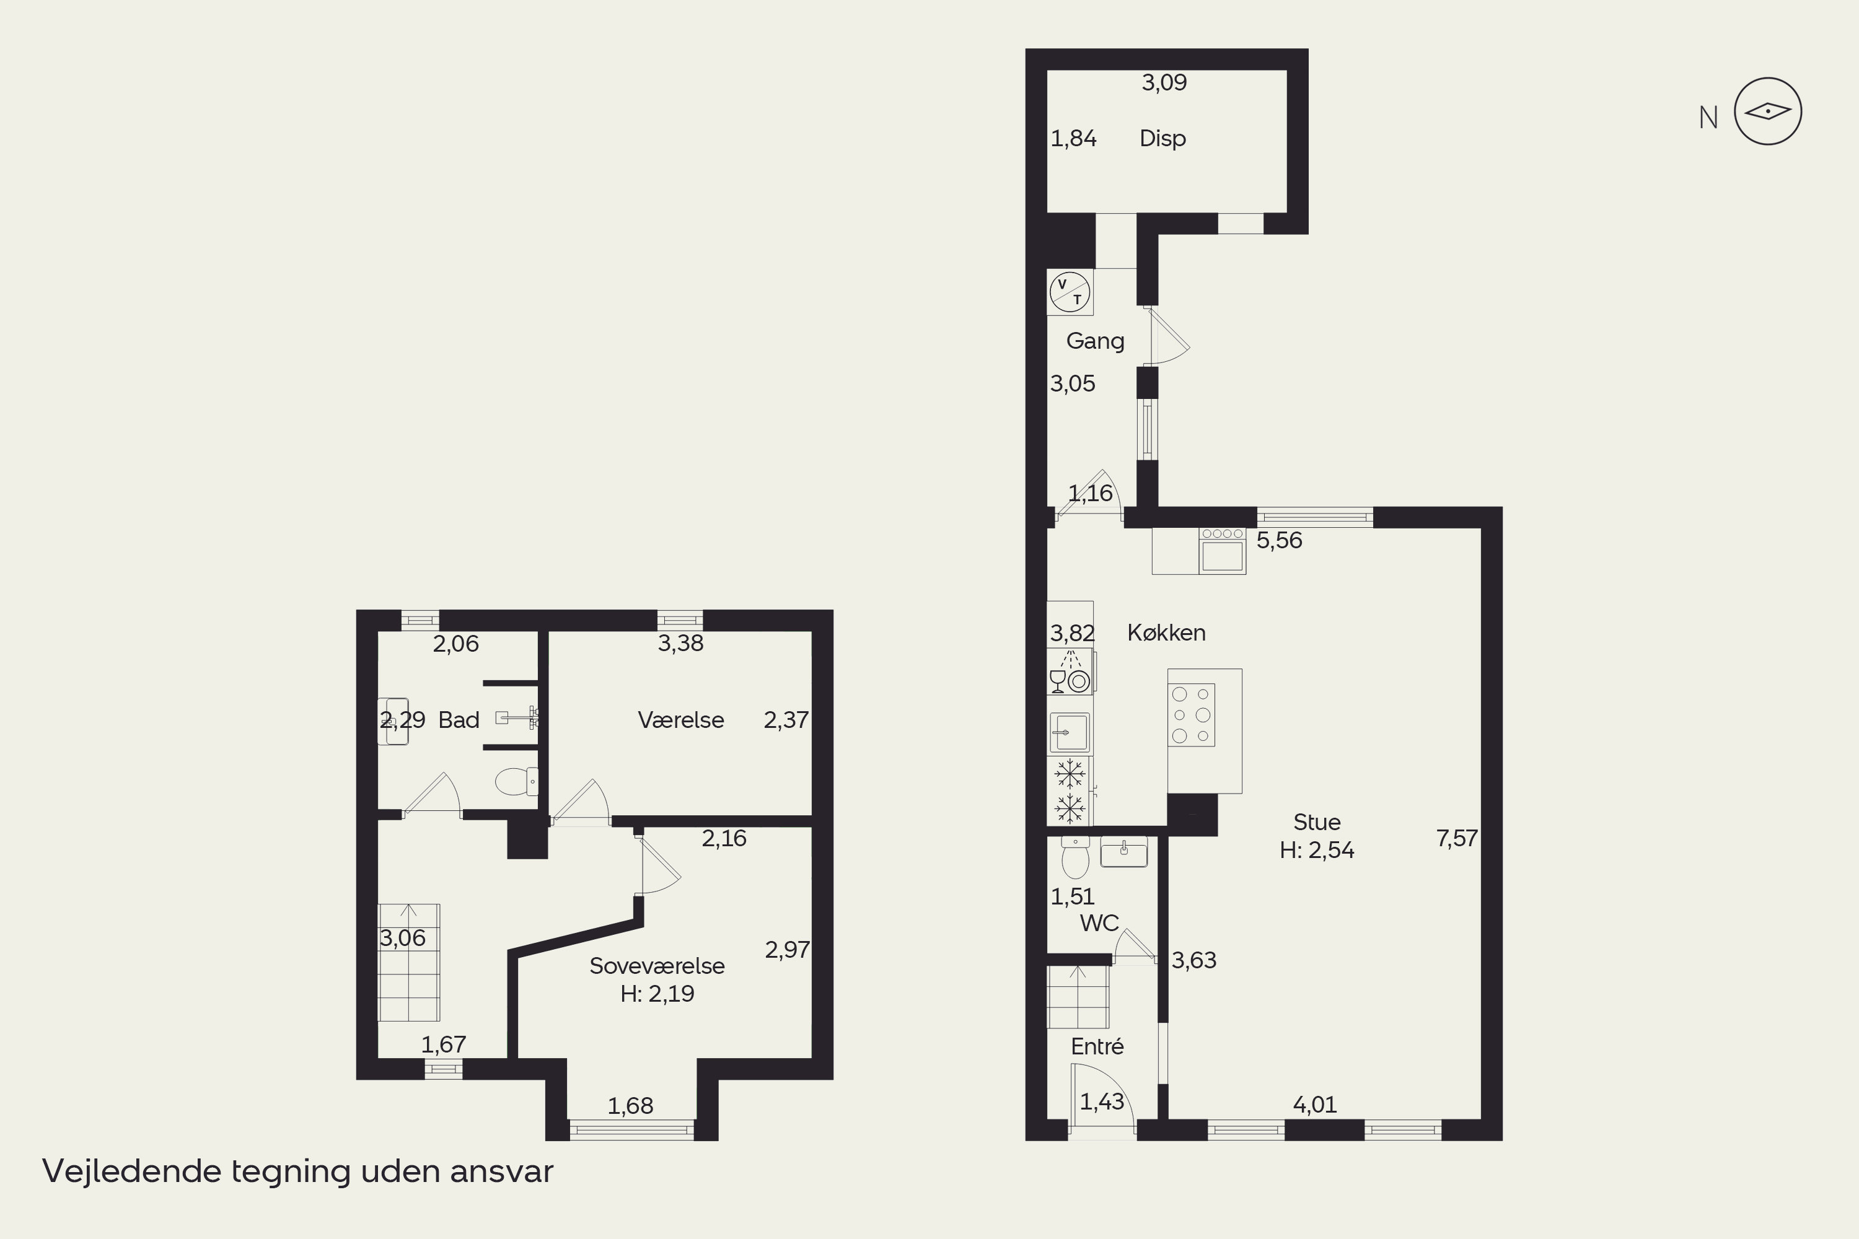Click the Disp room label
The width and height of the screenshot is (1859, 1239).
coord(1162,138)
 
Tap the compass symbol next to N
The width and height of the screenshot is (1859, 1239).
coord(1767,112)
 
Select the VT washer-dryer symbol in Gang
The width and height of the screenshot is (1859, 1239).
coord(1070,292)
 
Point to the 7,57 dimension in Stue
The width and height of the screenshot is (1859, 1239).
coord(1457,838)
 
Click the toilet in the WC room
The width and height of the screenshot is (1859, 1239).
coord(1075,857)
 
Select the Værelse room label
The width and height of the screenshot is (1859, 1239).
coord(680,720)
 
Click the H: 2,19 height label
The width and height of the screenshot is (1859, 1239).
coord(657,993)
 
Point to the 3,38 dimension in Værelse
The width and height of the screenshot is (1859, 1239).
coord(680,643)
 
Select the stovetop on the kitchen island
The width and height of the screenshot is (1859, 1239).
coord(1191,715)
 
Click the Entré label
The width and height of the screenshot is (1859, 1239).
coord(1097,1046)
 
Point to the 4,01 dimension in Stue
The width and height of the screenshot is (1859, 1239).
coord(1314,1105)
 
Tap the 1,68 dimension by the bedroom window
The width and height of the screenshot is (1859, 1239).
coord(630,1105)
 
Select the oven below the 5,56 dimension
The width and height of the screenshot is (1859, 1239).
coord(1222,551)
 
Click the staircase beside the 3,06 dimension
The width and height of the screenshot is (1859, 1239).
coord(408,963)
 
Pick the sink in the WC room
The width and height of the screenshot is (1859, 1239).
coord(1124,852)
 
